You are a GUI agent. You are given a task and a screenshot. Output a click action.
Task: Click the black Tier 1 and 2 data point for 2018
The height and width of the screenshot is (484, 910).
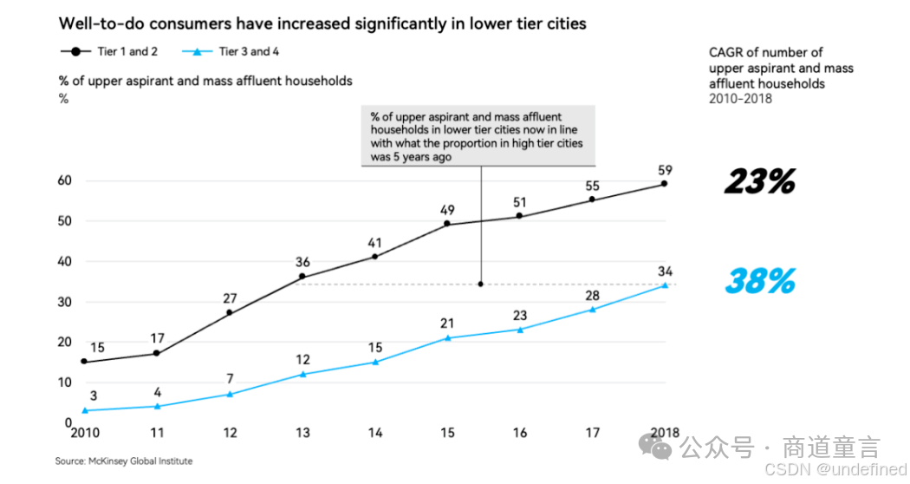click(x=664, y=183)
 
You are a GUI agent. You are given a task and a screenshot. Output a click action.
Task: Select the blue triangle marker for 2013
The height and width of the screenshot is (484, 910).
click(x=302, y=374)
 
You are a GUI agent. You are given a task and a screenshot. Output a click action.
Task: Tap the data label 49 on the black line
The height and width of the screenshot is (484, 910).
click(x=447, y=209)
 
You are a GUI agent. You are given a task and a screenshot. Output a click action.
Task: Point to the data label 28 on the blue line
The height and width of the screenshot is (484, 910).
click(x=592, y=296)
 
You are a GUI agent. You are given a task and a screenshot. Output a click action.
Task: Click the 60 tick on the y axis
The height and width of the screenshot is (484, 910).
click(x=65, y=180)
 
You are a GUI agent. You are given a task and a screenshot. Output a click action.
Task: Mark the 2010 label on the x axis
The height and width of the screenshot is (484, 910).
click(x=84, y=433)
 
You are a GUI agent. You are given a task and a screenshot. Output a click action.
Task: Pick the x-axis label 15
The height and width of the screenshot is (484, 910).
click(x=447, y=433)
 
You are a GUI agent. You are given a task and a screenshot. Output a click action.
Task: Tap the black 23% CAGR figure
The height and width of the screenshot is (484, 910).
click(x=759, y=182)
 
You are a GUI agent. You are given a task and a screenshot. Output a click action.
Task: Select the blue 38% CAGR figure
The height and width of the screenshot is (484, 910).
click(x=759, y=281)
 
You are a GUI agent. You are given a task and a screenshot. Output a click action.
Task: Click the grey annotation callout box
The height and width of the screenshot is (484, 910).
click(x=478, y=135)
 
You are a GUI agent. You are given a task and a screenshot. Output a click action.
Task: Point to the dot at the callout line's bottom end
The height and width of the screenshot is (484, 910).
click(x=480, y=285)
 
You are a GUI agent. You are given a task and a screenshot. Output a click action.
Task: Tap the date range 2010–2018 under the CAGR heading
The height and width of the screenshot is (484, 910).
click(x=740, y=98)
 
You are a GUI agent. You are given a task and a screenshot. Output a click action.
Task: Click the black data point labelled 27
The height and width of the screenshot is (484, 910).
click(x=229, y=312)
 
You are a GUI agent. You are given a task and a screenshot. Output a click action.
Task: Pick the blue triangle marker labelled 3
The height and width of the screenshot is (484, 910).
click(x=84, y=410)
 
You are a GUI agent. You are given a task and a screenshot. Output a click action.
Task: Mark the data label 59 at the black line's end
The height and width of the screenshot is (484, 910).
click(x=665, y=170)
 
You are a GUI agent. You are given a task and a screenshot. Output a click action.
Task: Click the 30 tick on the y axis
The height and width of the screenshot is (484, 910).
click(x=65, y=302)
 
